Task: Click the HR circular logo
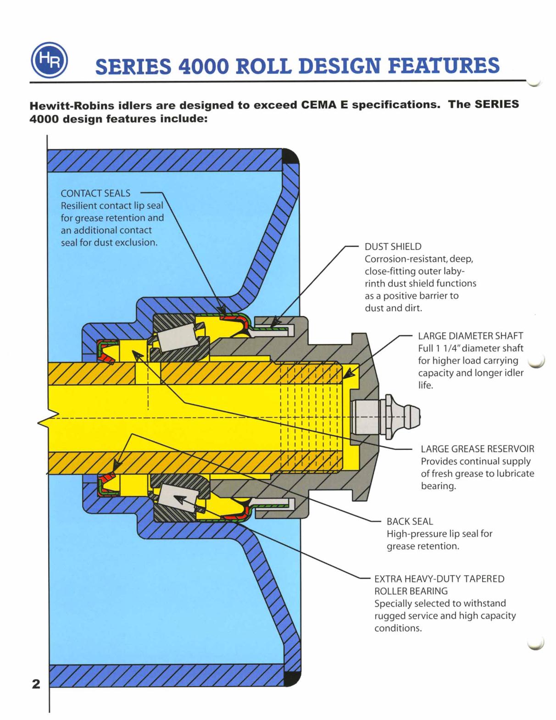pos(49,60)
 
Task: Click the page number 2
pos(36,684)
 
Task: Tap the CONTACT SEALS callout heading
pos(95,194)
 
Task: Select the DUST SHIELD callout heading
pos(393,247)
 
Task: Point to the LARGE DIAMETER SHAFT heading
pos(470,336)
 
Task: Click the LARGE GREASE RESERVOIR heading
pos(477,449)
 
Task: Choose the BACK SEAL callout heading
pos(410,521)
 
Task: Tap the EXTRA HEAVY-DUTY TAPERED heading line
pos(439,579)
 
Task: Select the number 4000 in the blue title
pos(203,66)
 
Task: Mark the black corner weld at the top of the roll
pos(291,157)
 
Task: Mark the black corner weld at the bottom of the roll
pos(292,678)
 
